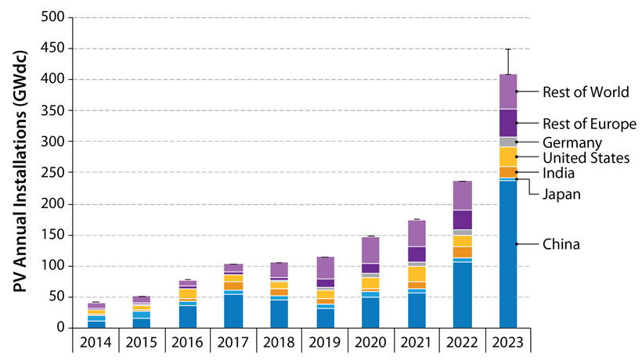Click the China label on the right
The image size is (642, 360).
click(561, 245)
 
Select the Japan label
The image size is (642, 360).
click(561, 193)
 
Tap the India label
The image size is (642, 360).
click(559, 173)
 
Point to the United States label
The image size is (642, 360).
click(586, 158)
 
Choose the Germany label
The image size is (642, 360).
click(572, 142)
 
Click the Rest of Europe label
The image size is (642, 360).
click(589, 124)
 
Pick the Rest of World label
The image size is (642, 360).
click(586, 92)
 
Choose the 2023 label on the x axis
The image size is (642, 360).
click(508, 344)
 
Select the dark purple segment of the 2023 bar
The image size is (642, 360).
click(508, 123)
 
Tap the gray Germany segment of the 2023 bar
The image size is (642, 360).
click(508, 142)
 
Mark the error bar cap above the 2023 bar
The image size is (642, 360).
click(508, 49)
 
